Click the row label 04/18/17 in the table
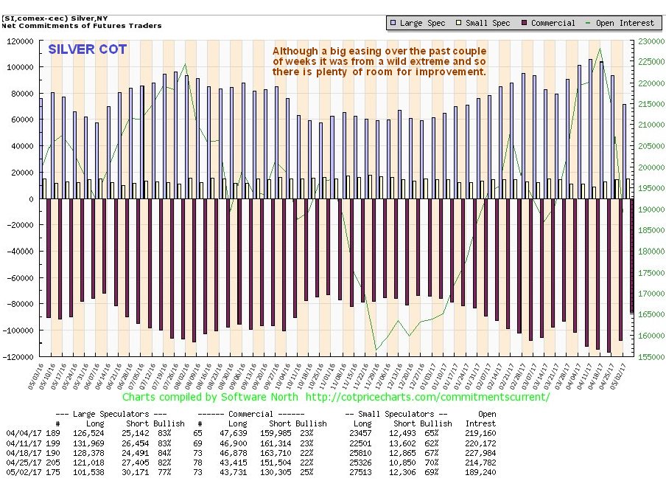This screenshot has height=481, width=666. click(18, 452)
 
